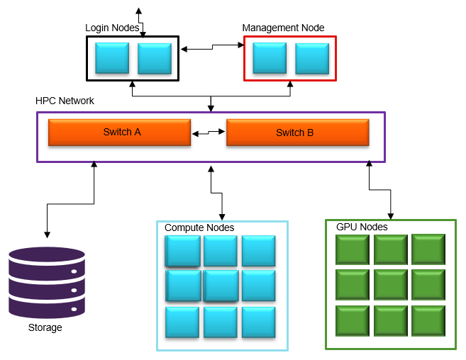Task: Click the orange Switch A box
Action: coord(119,133)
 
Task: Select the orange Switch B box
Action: coord(297,133)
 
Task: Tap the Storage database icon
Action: coord(47,282)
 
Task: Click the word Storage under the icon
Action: coord(45,328)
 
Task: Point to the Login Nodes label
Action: coord(113,28)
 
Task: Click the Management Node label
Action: coord(283,28)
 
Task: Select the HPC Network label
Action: coord(65,101)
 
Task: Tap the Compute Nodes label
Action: coord(199,228)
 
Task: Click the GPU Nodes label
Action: coord(362,227)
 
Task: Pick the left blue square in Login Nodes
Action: coord(112,58)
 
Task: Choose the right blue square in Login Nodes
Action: coord(155,58)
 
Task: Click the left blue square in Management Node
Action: coord(270,58)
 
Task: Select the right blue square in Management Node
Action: coord(312,58)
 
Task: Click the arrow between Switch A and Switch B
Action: coord(209,133)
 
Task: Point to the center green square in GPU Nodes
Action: coord(391,284)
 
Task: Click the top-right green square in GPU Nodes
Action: coord(428,249)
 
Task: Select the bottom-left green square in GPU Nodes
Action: coord(353,320)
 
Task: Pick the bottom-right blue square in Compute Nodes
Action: coord(258,322)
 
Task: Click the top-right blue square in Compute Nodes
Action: coord(258,251)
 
